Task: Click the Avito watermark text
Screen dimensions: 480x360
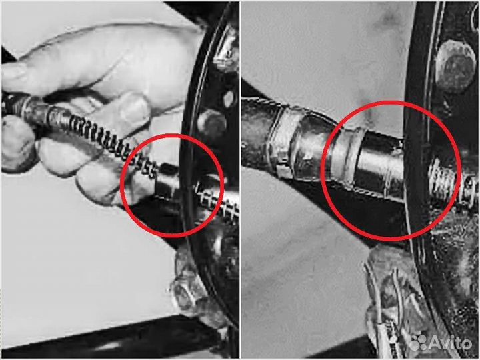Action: (450, 343)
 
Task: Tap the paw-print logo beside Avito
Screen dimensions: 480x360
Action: (419, 343)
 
